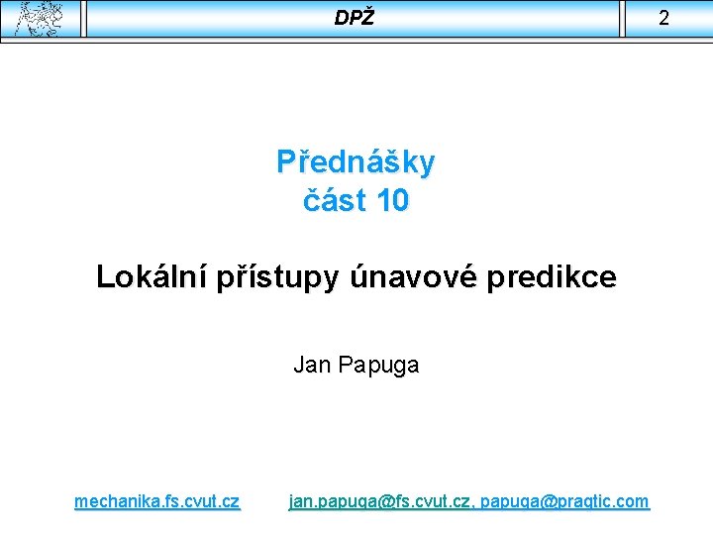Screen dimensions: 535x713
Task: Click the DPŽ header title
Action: [355, 18]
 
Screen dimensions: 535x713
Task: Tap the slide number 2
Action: [663, 18]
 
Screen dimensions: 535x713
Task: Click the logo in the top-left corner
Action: [40, 18]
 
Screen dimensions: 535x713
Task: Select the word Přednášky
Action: [356, 162]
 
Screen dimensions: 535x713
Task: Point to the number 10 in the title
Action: [391, 201]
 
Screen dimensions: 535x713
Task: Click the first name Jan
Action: [312, 365]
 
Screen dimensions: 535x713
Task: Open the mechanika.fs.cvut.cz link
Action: [156, 501]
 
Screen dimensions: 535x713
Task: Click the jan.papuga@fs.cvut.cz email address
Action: [380, 501]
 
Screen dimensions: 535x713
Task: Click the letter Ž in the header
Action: [368, 17]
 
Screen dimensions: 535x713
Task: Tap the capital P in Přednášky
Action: [286, 162]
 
